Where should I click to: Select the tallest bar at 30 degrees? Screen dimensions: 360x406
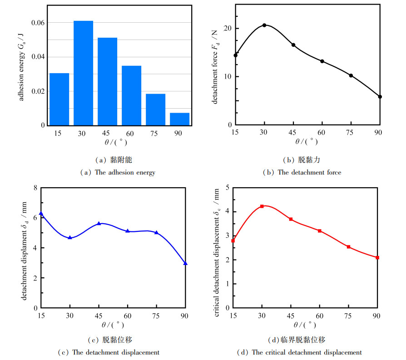(83, 73)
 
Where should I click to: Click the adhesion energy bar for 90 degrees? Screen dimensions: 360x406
(179, 119)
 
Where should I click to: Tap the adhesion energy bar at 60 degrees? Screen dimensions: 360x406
(131, 95)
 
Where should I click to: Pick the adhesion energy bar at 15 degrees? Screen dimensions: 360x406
(59, 99)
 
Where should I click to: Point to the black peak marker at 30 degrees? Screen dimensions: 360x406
(264, 25)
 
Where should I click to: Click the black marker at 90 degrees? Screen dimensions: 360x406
(380, 97)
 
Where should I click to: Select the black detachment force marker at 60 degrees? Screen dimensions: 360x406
(322, 61)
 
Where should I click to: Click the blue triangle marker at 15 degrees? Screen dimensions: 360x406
(41, 214)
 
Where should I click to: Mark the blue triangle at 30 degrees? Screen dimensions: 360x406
(70, 237)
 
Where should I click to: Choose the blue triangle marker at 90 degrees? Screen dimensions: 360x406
(185, 263)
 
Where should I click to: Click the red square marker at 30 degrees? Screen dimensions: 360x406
(262, 206)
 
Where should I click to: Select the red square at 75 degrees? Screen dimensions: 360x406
(348, 247)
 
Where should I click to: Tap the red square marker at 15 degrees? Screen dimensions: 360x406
(233, 240)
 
